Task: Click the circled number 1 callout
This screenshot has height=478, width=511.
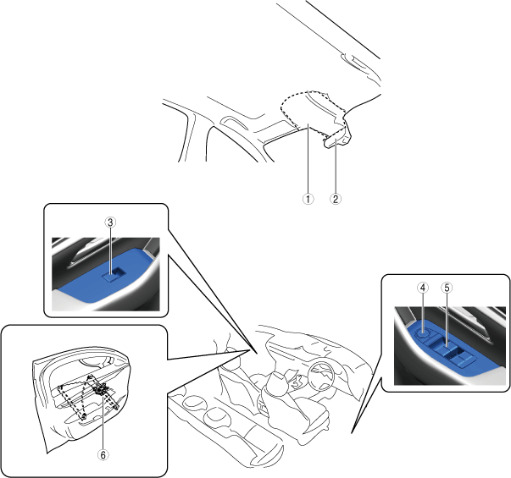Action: tap(308, 199)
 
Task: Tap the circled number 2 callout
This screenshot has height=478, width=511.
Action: tap(336, 199)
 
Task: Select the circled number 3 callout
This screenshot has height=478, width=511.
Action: tap(110, 223)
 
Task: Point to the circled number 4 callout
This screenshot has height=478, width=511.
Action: tap(423, 288)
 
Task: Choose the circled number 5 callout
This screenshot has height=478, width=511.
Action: tap(447, 288)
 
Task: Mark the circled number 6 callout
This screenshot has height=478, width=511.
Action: tap(103, 455)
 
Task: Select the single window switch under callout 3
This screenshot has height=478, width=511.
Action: tap(113, 274)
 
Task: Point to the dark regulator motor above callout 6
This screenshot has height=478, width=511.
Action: tap(100, 389)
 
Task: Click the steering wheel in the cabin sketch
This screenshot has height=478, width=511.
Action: tap(321, 374)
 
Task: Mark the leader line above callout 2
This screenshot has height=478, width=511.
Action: tap(336, 166)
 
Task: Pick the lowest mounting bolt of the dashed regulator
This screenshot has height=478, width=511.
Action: tap(83, 417)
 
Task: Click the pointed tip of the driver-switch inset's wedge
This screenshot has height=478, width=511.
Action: tap(352, 433)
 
